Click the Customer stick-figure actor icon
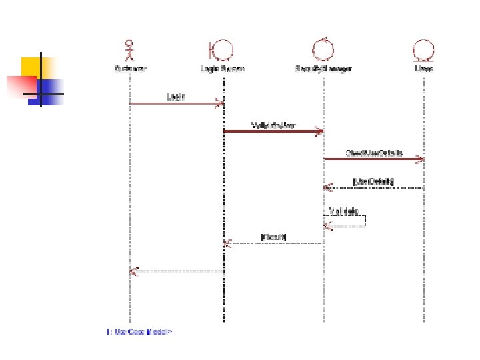click(x=130, y=50)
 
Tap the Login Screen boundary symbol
click(x=221, y=50)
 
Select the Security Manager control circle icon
click(x=323, y=49)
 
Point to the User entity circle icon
click(x=423, y=50)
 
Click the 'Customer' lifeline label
click(x=130, y=68)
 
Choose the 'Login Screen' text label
click(x=222, y=68)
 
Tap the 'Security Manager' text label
click(x=323, y=68)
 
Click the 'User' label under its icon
click(x=423, y=68)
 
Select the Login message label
click(x=176, y=97)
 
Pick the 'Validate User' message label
click(x=273, y=125)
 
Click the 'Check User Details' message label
click(x=374, y=153)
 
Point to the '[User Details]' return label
click(x=374, y=181)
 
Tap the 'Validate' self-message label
click(x=344, y=211)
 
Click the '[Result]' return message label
click(x=273, y=237)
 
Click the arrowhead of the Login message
click(x=219, y=103)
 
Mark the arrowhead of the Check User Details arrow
click(x=419, y=159)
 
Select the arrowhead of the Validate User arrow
click(x=320, y=131)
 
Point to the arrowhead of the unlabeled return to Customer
click(x=134, y=271)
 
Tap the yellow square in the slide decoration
click(x=31, y=67)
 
